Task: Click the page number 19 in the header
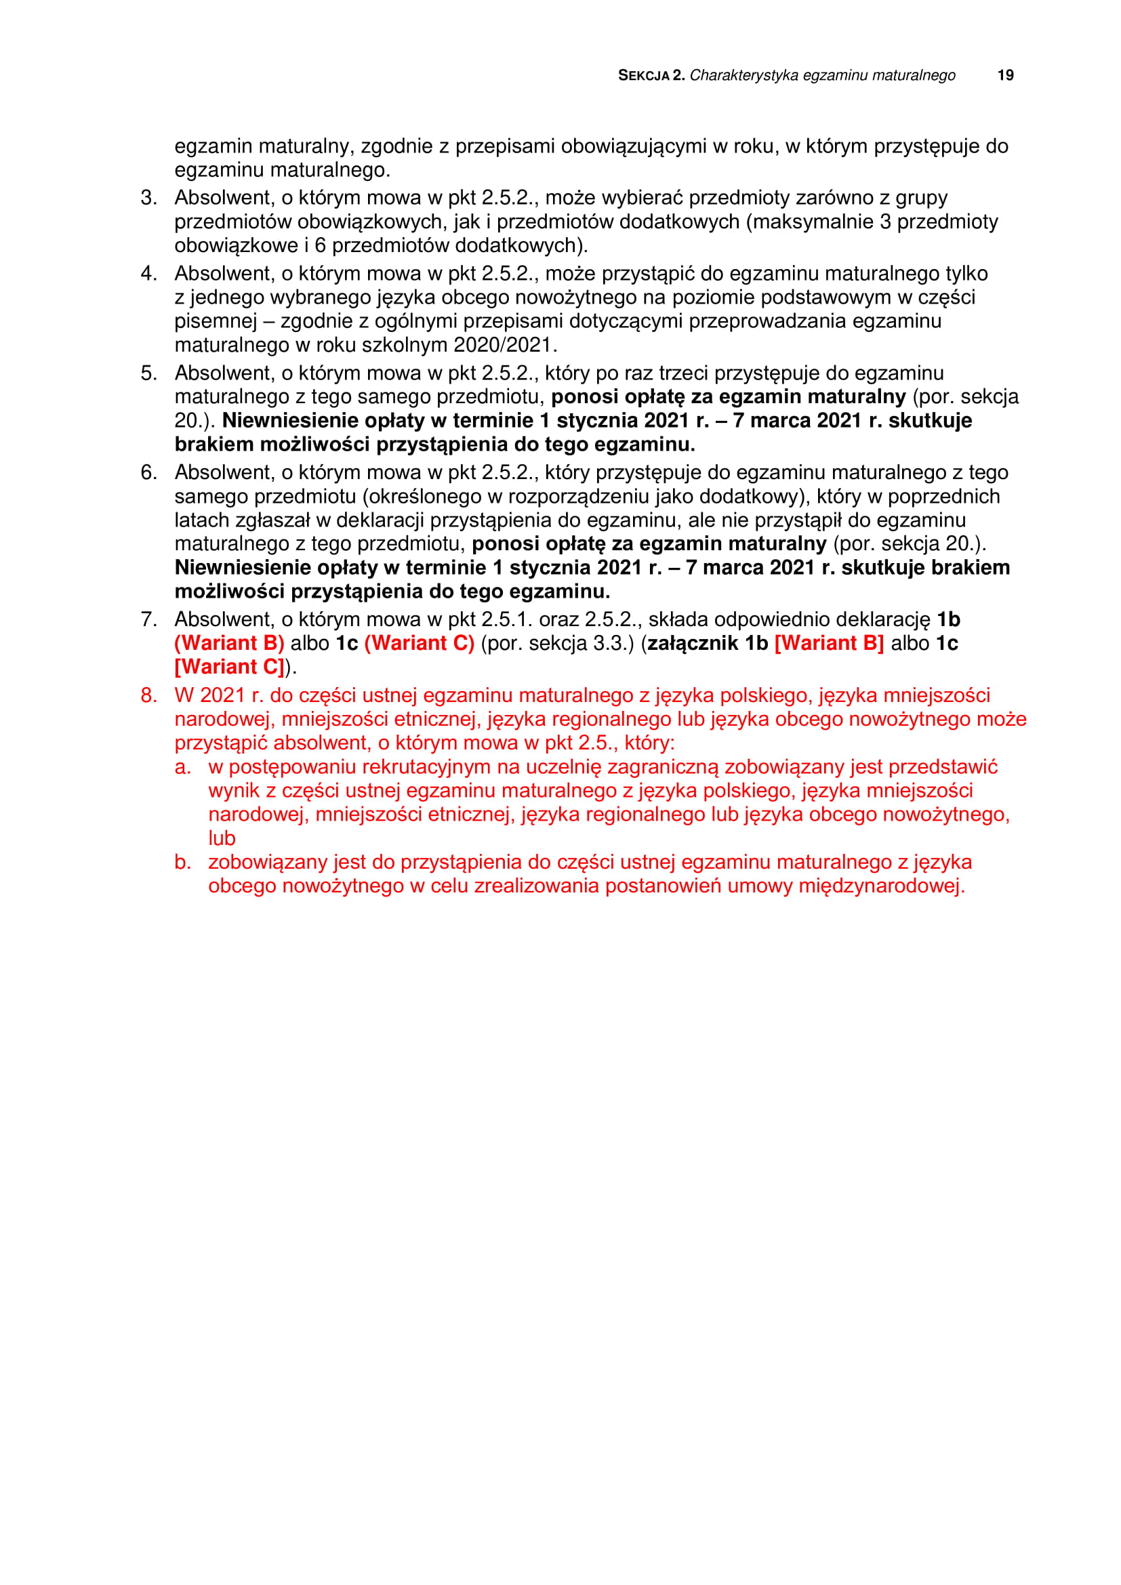pyautogui.click(x=1005, y=75)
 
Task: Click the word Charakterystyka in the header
pyautogui.click(x=743, y=75)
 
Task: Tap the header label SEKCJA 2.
pyautogui.click(x=651, y=75)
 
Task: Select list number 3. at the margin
pyautogui.click(x=148, y=198)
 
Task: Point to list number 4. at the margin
pyautogui.click(x=148, y=274)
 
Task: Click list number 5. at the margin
pyautogui.click(x=148, y=373)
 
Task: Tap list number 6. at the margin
pyautogui.click(x=148, y=473)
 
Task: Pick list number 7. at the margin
pyautogui.click(x=148, y=619)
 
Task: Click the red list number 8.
pyautogui.click(x=148, y=695)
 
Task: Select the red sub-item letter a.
pyautogui.click(x=182, y=767)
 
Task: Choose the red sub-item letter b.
pyautogui.click(x=182, y=862)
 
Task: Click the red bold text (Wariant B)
pyautogui.click(x=229, y=643)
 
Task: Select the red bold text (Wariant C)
pyautogui.click(x=419, y=643)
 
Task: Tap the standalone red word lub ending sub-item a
pyautogui.click(x=222, y=839)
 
